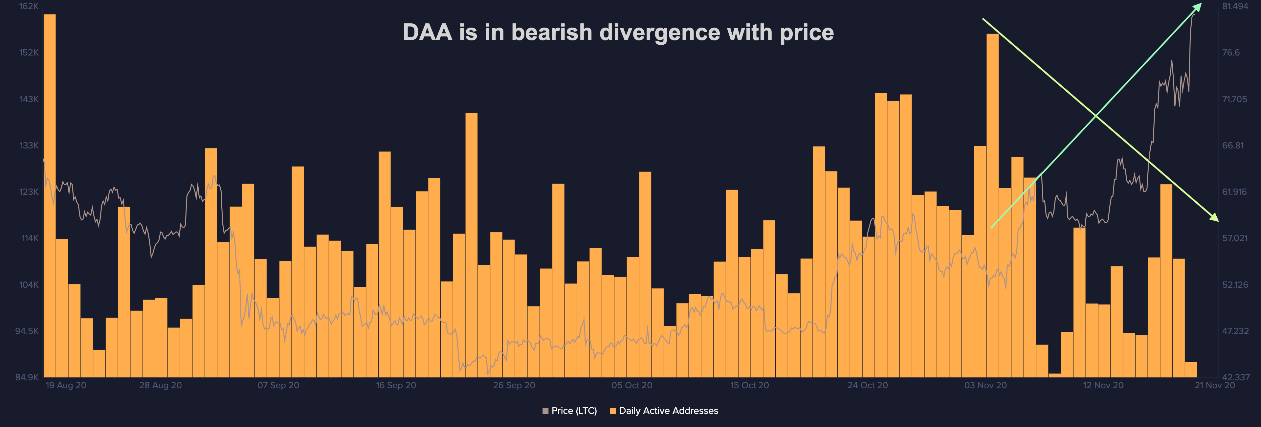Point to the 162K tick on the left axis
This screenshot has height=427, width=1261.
point(29,6)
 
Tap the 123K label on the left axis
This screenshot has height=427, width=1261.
point(29,192)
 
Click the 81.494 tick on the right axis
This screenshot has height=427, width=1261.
point(1235,6)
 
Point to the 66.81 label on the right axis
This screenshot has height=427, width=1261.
point(1233,146)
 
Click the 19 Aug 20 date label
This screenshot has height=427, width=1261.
point(66,385)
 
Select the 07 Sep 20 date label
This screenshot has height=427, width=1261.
point(278,385)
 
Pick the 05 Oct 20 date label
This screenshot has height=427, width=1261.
point(631,385)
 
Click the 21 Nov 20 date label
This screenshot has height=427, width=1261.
point(1214,385)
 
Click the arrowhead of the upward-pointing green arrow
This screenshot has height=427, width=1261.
point(1199,6)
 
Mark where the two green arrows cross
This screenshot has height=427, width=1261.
point(1095,115)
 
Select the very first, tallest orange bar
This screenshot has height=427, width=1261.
point(50,196)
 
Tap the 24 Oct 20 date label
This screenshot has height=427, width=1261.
point(867,385)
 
